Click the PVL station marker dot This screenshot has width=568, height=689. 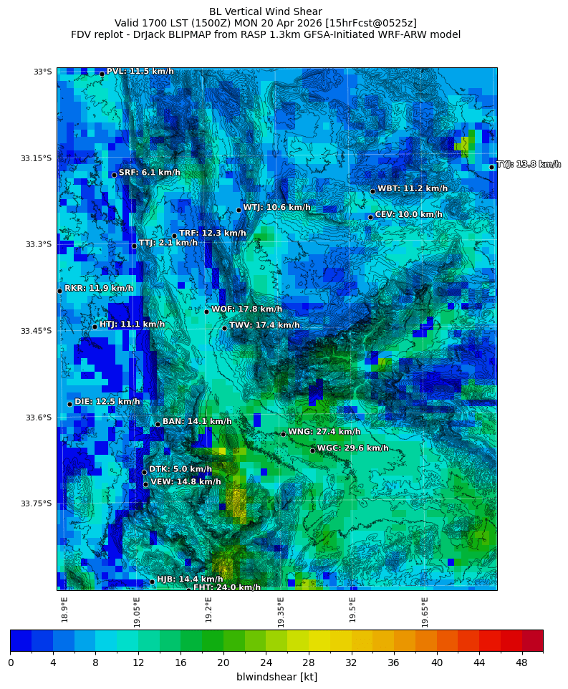pyautogui.click(x=102, y=74)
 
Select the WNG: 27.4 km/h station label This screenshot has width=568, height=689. pyautogui.click(x=324, y=432)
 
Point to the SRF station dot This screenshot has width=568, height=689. pyautogui.click(x=114, y=175)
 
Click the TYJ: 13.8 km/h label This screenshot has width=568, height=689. pyautogui.click(x=529, y=165)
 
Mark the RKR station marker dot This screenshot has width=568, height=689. pyautogui.click(x=59, y=291)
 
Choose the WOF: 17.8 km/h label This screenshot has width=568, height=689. pyautogui.click(x=246, y=309)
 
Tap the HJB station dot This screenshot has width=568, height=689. pyautogui.click(x=152, y=582)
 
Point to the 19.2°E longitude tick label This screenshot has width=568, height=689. pyautogui.click(x=208, y=609)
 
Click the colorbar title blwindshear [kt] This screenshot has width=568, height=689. pyautogui.click(x=276, y=677)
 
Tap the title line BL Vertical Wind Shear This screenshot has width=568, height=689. pyautogui.click(x=266, y=11)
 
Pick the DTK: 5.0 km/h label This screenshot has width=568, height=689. pyautogui.click(x=180, y=469)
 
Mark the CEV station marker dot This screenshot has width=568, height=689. pyautogui.click(x=370, y=217)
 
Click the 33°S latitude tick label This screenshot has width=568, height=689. pyautogui.click(x=42, y=72)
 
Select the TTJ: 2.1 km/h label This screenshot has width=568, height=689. pyautogui.click(x=168, y=243)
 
